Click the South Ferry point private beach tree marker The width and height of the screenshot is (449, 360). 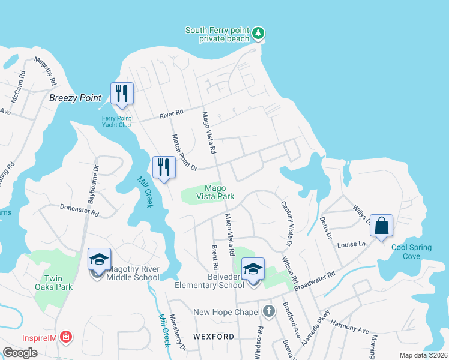pyautogui.click(x=258, y=32)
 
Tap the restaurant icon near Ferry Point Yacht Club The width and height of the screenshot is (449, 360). pyautogui.click(x=122, y=93)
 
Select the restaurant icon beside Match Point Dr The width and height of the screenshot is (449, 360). pyautogui.click(x=164, y=167)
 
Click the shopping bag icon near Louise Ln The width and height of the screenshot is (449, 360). pyautogui.click(x=381, y=226)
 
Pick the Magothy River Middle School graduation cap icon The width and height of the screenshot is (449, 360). pyautogui.click(x=100, y=259)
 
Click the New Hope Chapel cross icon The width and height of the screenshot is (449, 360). pyautogui.click(x=269, y=311)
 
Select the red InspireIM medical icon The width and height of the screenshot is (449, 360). pyautogui.click(x=65, y=338)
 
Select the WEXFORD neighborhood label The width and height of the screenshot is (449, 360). pyautogui.click(x=214, y=337)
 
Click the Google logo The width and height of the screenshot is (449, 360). pyautogui.click(x=20, y=352)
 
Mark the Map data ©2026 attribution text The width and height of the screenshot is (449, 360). pyautogui.click(x=424, y=355)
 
